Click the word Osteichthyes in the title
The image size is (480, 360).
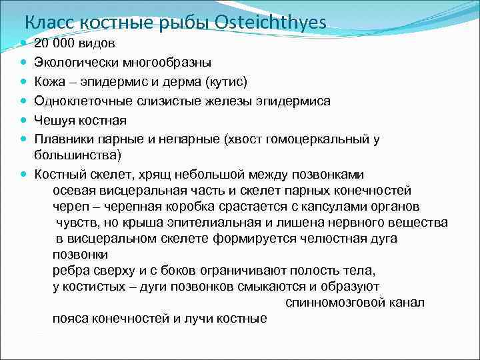coord(271,23)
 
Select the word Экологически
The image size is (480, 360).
coord(77,63)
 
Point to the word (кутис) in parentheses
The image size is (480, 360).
coord(227,82)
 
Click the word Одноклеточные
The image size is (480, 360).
coord(84,101)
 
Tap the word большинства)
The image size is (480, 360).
coord(77,155)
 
